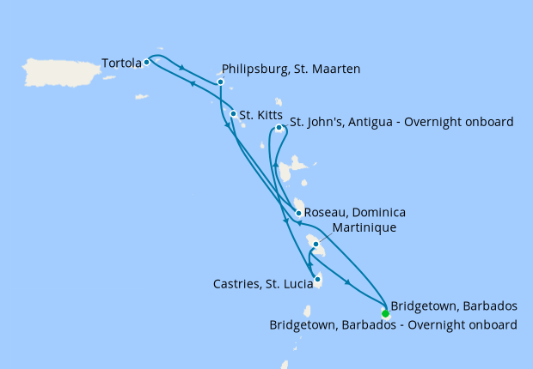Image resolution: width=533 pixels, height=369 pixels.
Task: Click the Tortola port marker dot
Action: [x=147, y=62]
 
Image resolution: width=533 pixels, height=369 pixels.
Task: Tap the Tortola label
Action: [x=121, y=63]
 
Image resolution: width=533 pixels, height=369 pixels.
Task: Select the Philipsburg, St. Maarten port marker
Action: [x=221, y=82]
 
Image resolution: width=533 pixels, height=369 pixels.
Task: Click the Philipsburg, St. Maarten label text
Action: [x=291, y=69]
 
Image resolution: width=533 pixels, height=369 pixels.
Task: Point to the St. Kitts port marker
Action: [x=233, y=113]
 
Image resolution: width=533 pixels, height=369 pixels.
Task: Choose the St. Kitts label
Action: [x=257, y=113]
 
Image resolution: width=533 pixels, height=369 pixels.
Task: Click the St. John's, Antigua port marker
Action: [x=279, y=128]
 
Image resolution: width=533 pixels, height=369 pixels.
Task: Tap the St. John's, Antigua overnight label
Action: [x=401, y=122]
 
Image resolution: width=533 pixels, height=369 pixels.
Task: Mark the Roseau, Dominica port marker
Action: [x=298, y=214]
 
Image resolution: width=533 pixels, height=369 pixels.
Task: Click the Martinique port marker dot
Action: [x=316, y=245]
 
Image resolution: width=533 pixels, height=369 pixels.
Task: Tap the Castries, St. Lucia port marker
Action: [x=317, y=279]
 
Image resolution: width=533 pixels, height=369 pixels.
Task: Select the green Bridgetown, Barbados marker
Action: [x=385, y=313]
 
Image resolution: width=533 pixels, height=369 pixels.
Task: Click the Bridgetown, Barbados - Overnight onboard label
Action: [x=393, y=325]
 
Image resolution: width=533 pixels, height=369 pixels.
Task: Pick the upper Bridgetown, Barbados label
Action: [x=454, y=306]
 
